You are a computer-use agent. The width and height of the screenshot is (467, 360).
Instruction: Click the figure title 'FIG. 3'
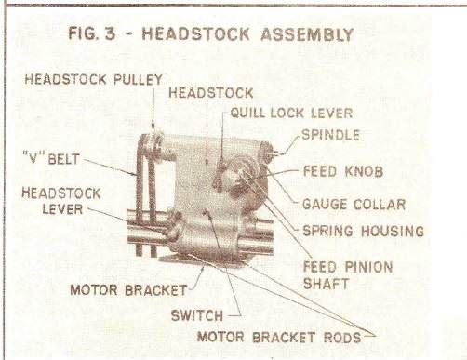91,33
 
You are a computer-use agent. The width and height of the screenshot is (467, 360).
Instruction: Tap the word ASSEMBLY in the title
307,34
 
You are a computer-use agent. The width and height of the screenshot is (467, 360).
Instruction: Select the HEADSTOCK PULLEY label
93,79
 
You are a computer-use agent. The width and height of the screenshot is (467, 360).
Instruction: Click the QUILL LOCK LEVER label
291,113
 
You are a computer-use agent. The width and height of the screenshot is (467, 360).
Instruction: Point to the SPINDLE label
330,135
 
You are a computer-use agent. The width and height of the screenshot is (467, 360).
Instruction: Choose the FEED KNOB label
343,171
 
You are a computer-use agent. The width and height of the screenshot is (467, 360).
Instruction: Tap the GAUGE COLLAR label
354,205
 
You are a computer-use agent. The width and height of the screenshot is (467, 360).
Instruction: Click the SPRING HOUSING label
363,232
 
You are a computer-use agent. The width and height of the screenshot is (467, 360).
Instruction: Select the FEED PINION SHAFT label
348,275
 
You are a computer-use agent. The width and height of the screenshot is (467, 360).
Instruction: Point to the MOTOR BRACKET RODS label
279,337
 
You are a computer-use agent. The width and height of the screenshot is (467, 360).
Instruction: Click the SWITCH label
197,315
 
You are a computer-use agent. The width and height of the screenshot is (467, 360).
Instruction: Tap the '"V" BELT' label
50,159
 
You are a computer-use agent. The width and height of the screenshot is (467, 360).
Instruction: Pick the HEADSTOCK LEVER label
61,201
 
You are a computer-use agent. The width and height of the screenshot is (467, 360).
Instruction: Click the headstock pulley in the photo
153,146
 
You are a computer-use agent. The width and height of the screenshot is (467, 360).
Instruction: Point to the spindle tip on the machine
274,153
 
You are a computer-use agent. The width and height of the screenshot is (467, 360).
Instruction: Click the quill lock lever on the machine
220,175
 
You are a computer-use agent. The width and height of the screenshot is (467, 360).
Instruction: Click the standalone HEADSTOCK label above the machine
211,93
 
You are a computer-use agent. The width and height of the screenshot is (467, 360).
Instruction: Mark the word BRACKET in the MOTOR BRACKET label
156,290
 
